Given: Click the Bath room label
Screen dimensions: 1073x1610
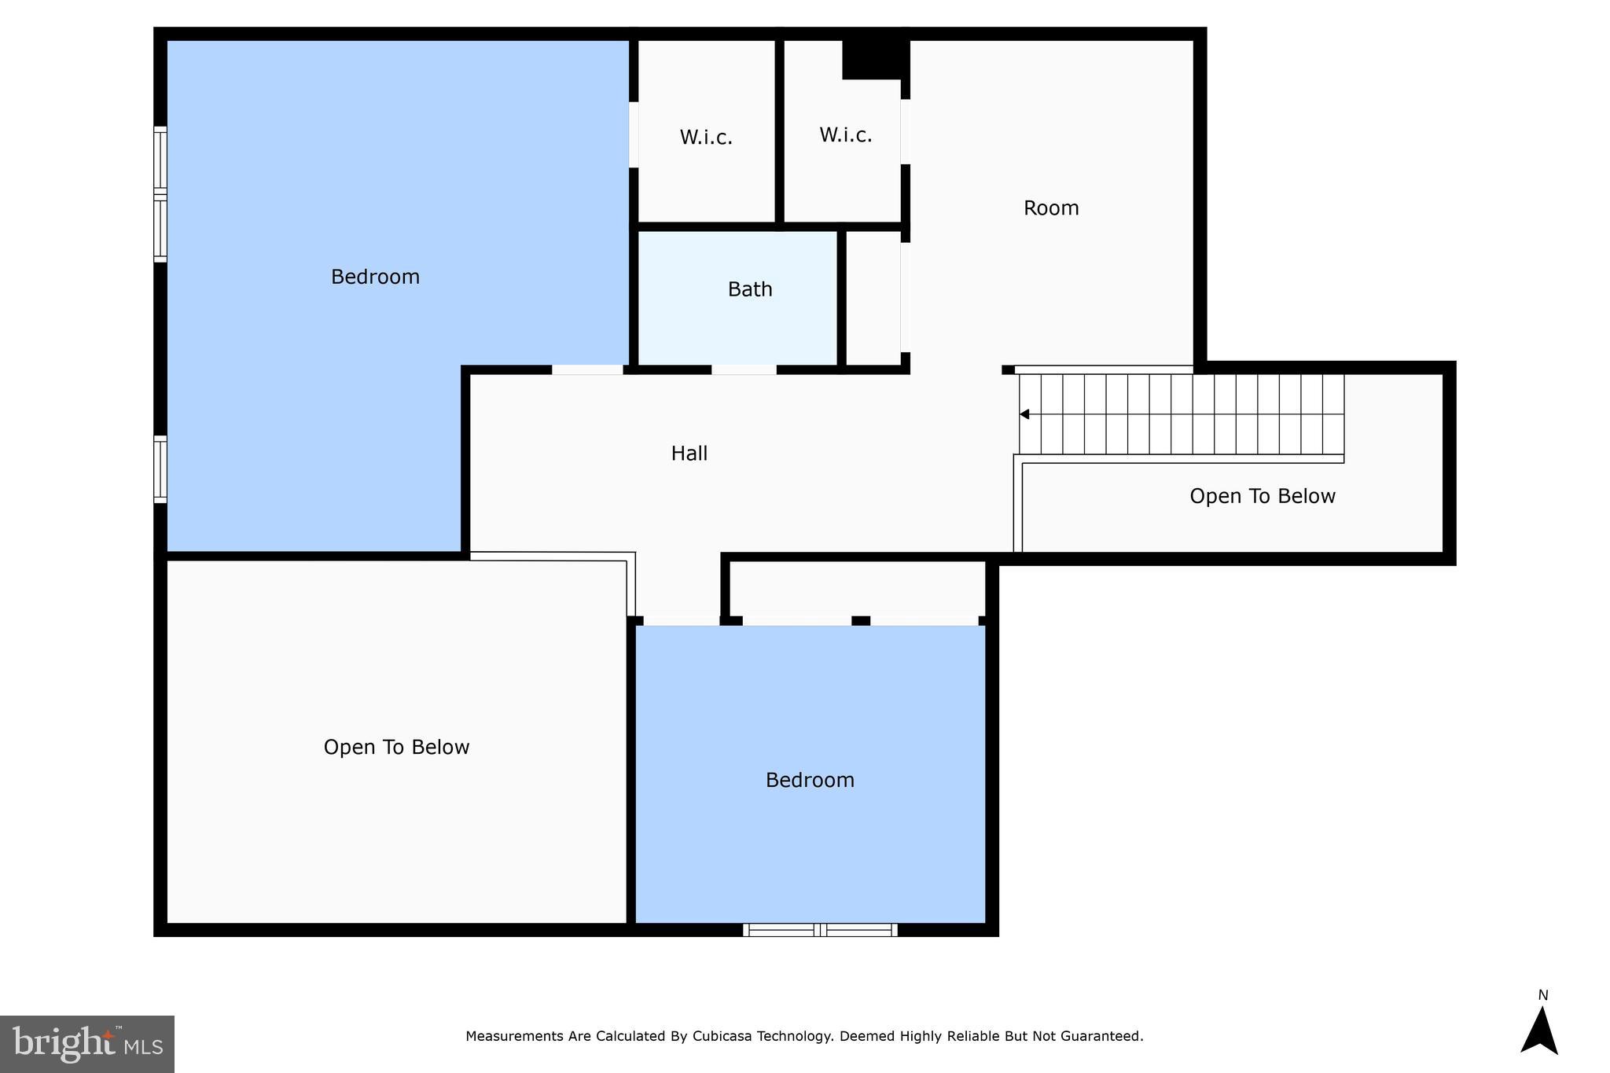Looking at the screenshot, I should tap(750, 289).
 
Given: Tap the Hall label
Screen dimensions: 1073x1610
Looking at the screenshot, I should tap(689, 454).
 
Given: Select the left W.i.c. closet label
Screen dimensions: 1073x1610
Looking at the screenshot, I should tap(706, 138).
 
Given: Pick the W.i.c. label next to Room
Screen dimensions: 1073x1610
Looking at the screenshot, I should tap(845, 135).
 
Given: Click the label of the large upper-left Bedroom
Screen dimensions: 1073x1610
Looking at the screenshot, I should tap(375, 277).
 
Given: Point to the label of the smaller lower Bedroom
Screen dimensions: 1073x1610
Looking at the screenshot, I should tap(810, 780).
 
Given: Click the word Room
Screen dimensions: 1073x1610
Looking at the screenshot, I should tap(1050, 208).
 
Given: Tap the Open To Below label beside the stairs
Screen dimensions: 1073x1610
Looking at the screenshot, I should tap(1262, 496).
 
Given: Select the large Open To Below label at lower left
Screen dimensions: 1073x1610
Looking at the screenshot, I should tap(396, 747).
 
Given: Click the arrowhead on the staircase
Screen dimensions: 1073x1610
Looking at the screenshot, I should tap(1024, 414).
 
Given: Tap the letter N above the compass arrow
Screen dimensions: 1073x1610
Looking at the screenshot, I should tap(1542, 995).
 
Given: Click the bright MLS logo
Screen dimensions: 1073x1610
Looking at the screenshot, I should tap(87, 1044).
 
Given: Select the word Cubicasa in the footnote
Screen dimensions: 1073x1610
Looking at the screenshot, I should tap(722, 1036).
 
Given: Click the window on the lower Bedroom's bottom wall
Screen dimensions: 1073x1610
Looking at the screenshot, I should tap(820, 930).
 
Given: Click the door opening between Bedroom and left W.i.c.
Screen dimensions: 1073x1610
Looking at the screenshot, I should tap(633, 134).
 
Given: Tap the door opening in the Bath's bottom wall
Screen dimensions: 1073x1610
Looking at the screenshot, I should tap(744, 369).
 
